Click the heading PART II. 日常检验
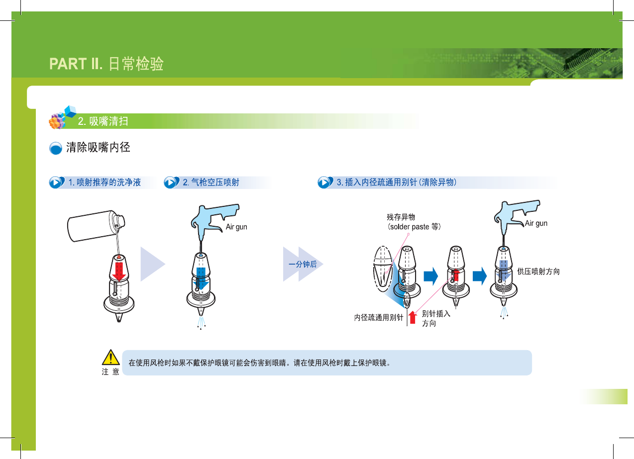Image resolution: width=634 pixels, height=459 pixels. coord(106,64)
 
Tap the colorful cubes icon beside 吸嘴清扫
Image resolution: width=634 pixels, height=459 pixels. coord(62,118)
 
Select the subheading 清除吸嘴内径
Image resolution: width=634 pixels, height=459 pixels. coord(98,148)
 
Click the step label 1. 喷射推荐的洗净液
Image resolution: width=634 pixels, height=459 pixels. coord(105,183)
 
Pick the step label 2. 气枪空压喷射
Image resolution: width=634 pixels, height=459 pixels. coord(211,183)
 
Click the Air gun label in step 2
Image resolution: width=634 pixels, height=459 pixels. coord(236,227)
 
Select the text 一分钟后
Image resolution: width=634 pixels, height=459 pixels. coord(303,265)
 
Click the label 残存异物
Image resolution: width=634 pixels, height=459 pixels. coord(401,217)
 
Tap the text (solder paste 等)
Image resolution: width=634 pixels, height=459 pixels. coord(415,227)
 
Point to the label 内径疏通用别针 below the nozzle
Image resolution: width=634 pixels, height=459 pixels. coord(378,317)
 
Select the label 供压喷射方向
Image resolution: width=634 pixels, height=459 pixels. coord(538,272)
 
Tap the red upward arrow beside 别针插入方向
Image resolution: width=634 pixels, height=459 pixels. coord(412,317)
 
